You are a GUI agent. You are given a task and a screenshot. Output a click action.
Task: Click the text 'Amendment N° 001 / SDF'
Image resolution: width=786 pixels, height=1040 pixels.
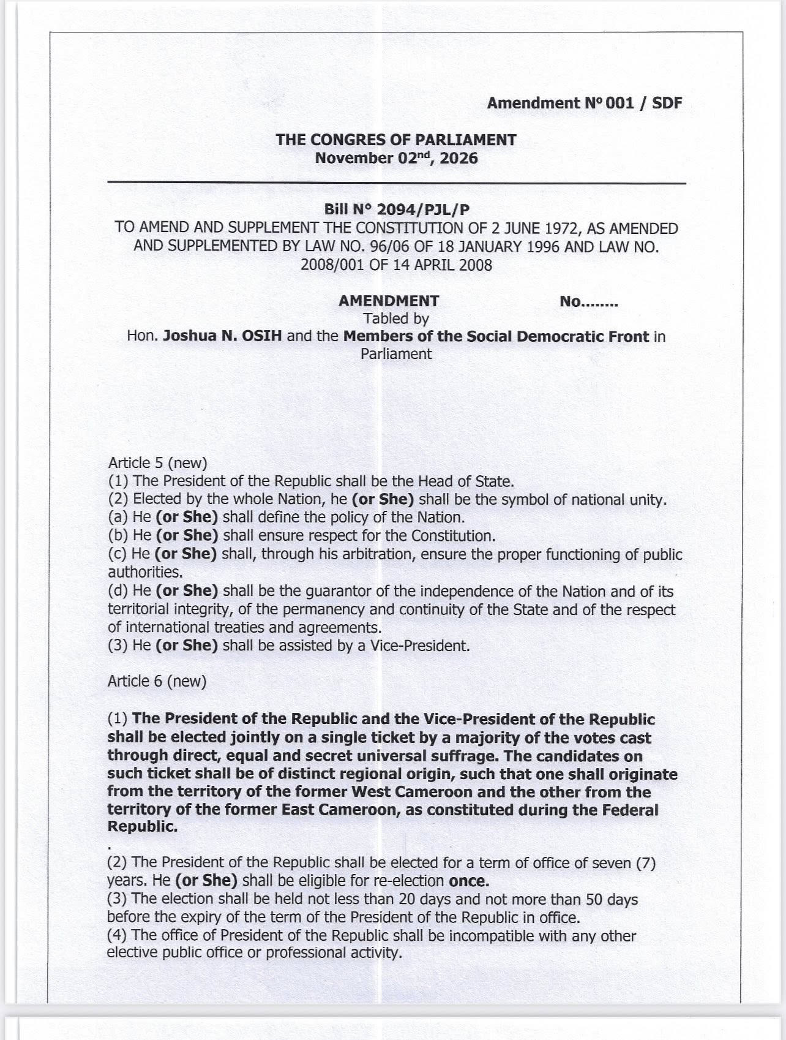click(x=584, y=103)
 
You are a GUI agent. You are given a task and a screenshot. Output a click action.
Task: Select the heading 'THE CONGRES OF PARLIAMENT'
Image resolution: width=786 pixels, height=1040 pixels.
click(x=395, y=140)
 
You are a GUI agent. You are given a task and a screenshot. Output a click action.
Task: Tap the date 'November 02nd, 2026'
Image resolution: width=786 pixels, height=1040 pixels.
click(x=395, y=158)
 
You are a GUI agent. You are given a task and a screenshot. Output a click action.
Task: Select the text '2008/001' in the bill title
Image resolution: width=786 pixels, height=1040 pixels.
click(x=329, y=265)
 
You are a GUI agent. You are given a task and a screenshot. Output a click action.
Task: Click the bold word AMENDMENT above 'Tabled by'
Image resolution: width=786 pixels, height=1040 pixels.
click(x=389, y=301)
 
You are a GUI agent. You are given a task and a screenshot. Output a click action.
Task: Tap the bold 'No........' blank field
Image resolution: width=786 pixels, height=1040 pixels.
click(x=588, y=301)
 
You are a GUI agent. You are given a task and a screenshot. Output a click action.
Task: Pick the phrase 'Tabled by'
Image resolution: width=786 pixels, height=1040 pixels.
click(x=396, y=318)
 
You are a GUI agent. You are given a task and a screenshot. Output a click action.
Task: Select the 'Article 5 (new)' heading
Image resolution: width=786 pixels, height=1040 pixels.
click(x=157, y=463)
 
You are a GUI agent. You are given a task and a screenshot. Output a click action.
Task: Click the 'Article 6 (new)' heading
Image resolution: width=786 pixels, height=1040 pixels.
click(x=157, y=682)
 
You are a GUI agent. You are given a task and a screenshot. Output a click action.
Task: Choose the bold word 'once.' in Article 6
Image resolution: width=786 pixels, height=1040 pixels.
click(x=469, y=881)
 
